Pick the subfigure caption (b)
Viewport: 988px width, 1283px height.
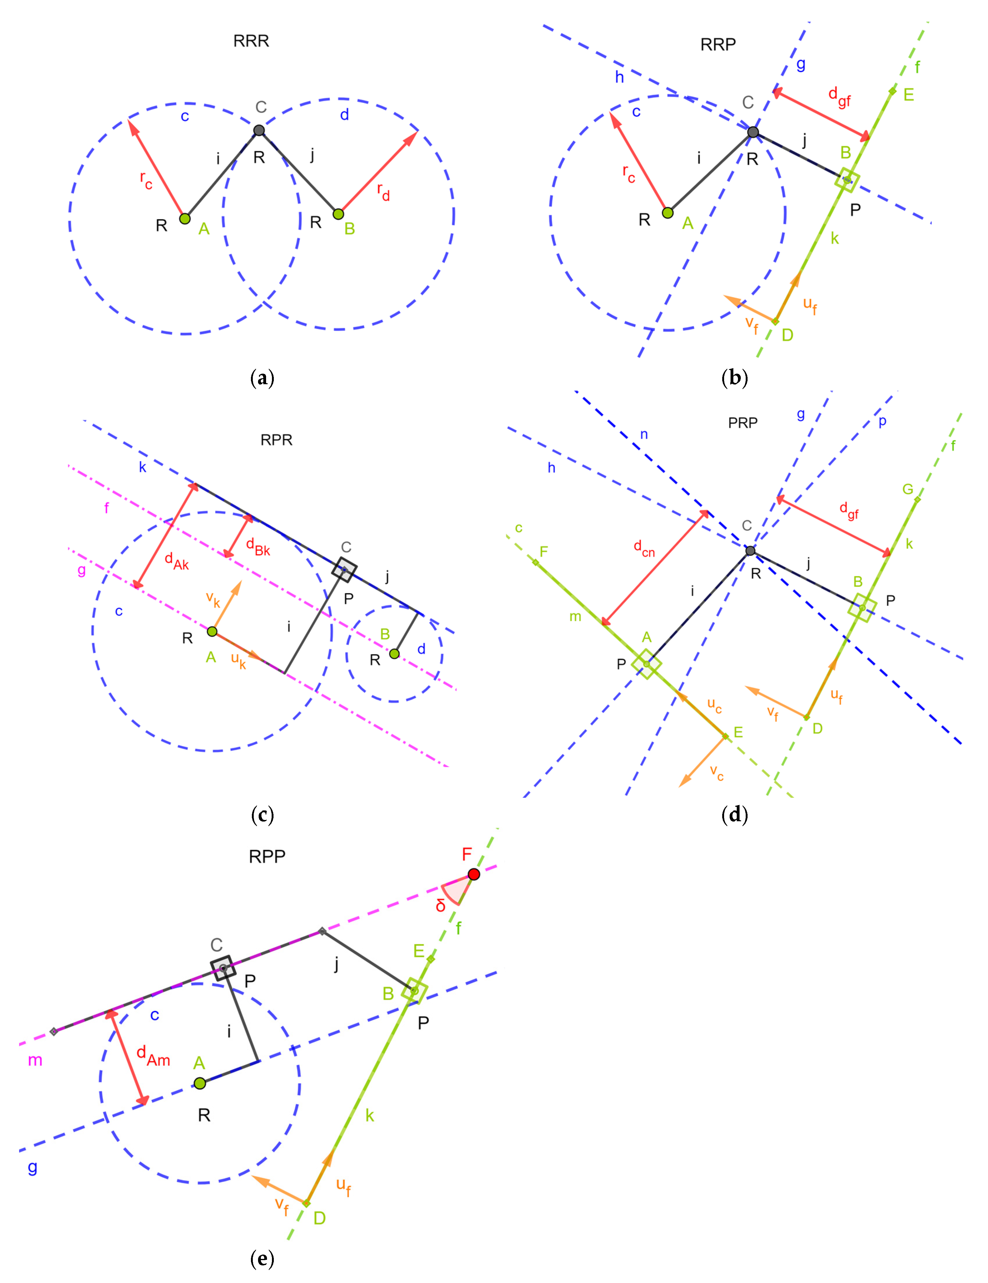point(734,378)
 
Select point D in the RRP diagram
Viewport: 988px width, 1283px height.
point(775,321)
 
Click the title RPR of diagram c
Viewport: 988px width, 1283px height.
point(276,440)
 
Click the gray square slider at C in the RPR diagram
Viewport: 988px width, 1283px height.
point(344,569)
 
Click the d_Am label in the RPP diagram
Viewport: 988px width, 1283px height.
point(153,1056)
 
